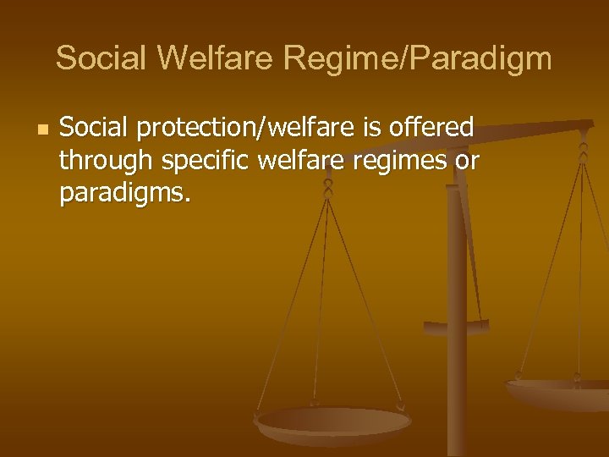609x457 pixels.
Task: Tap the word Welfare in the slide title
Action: (x=216, y=58)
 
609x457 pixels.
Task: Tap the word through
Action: (x=105, y=162)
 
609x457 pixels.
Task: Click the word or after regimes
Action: (x=466, y=162)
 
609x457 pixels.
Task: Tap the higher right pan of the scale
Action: (x=558, y=392)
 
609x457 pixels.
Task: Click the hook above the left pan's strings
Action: (x=328, y=187)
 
